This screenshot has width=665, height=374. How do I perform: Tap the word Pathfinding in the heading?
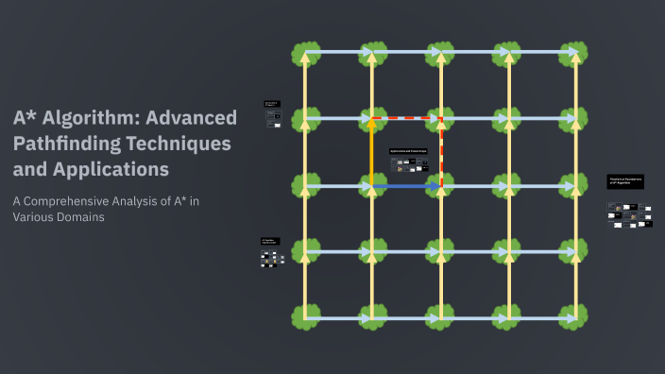tap(67, 144)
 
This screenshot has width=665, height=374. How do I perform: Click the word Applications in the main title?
tap(110, 171)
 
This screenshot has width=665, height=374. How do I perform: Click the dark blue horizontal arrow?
tap(406, 187)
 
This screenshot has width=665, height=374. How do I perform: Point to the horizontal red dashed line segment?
tap(406, 119)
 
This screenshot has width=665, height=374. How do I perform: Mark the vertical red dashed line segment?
tap(441, 151)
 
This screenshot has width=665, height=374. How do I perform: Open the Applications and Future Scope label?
tap(409, 151)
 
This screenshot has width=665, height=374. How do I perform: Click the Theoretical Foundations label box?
tap(625, 181)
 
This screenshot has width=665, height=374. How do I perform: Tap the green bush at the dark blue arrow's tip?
tap(441, 186)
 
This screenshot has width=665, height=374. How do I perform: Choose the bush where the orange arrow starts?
tap(372, 186)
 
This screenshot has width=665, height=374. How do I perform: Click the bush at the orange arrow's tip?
tap(372, 119)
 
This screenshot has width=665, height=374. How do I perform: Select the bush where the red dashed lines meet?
tap(441, 119)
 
